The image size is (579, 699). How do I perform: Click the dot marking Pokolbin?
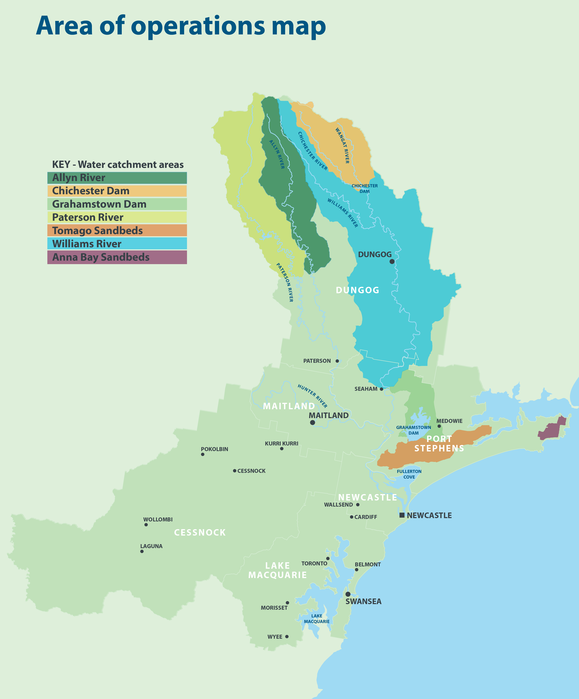[x=203, y=454]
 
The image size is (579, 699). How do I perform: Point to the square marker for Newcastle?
[x=402, y=515]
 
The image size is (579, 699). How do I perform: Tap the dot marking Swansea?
[x=348, y=594]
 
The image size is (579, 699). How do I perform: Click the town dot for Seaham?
[x=381, y=389]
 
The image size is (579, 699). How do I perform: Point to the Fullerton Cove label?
[x=409, y=474]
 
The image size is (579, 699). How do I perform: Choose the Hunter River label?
[x=312, y=396]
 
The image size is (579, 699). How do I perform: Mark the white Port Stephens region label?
[x=439, y=444]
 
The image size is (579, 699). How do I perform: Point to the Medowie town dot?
[x=439, y=426]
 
